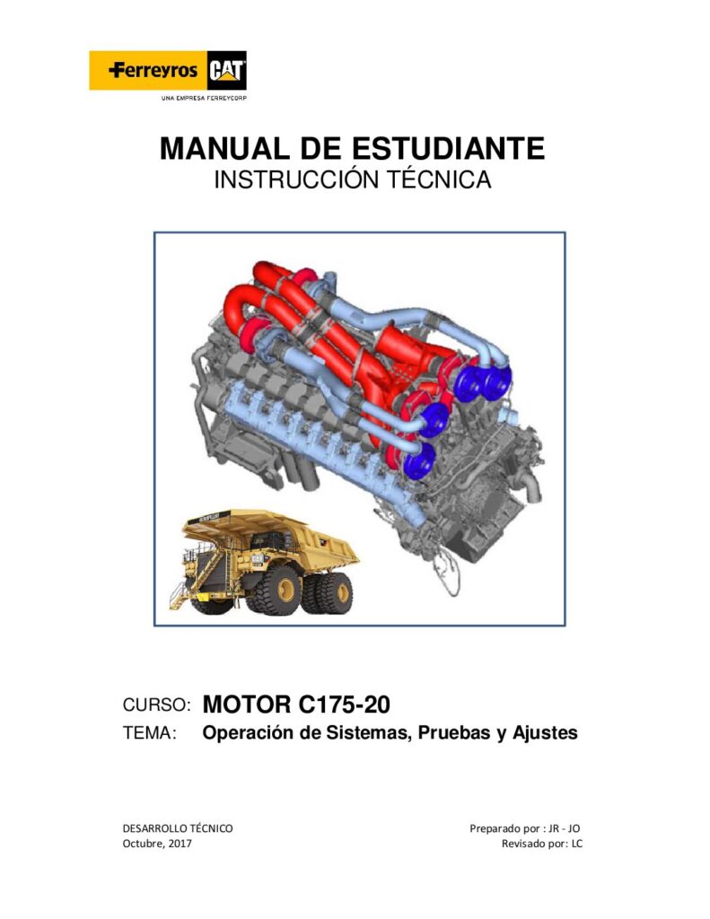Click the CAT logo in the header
point(227,70)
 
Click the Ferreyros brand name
point(153,71)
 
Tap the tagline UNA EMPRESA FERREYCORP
point(204,98)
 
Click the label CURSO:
point(156,705)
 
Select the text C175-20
point(344,704)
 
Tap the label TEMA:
point(150,733)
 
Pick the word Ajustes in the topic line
point(545,733)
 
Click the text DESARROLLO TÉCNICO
point(178,828)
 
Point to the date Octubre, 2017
point(156,844)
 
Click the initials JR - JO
point(564,828)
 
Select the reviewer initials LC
point(577,844)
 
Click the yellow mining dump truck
point(263,562)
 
